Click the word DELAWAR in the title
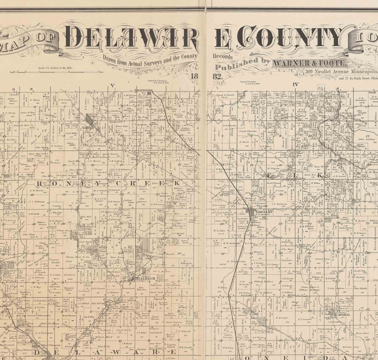click(x=131, y=37)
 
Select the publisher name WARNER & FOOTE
click(x=309, y=63)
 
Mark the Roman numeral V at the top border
click(x=113, y=86)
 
